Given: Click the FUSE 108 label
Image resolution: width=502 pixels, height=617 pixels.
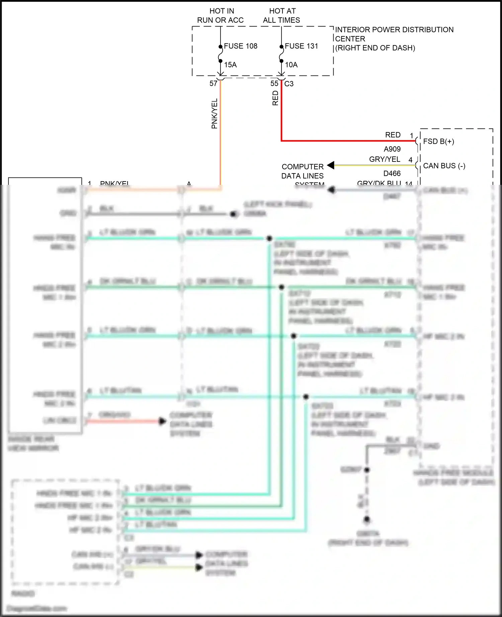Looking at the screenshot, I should click(240, 46).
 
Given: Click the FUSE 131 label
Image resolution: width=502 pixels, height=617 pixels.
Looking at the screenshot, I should click(301, 46).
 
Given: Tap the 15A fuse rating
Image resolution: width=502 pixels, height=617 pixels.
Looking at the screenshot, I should click(230, 65).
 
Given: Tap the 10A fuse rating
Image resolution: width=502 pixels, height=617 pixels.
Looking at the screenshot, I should click(291, 65).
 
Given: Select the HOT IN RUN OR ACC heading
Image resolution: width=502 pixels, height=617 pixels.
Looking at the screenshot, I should click(221, 16).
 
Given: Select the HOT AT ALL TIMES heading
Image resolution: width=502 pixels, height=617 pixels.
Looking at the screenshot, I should click(281, 16).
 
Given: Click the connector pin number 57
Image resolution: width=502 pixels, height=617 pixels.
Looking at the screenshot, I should click(213, 84).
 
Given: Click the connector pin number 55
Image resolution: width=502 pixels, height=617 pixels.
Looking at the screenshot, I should click(274, 84).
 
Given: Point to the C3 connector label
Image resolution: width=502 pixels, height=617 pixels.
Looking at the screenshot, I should click(289, 84).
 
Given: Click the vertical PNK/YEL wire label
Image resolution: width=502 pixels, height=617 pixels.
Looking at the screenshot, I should click(215, 114).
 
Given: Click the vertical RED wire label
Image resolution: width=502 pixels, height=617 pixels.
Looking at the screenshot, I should click(275, 98).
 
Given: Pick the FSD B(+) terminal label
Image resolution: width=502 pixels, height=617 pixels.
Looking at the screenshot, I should click(438, 141).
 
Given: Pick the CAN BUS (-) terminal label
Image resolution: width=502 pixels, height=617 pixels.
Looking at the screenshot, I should click(444, 166).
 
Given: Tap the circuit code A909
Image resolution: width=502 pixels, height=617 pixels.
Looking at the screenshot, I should click(392, 149).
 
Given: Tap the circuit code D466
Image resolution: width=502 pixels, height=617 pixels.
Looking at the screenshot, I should click(392, 173).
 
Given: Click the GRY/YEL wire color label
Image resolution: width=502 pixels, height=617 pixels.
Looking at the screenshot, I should click(385, 159).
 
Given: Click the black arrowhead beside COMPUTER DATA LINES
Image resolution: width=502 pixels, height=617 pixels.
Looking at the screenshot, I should click(331, 165).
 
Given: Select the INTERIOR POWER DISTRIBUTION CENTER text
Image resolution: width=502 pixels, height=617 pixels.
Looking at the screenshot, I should click(394, 34).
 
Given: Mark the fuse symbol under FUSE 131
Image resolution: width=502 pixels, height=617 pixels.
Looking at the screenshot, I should click(281, 54).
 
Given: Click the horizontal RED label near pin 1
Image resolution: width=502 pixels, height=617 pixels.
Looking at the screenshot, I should click(393, 135).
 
